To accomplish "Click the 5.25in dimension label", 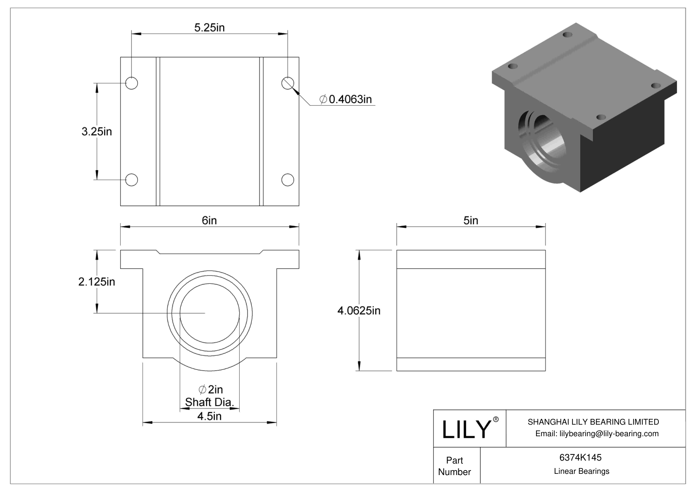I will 209,28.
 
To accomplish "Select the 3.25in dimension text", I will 97,131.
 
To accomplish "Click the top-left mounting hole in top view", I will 131,83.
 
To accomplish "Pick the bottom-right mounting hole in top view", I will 288,180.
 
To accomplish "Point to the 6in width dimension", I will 209,221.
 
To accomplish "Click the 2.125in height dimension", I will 97,282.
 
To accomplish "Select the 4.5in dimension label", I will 209,416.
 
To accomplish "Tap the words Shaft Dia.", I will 210,402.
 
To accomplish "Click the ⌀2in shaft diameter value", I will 210,389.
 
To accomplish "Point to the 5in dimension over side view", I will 471,221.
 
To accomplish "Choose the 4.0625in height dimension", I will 359,310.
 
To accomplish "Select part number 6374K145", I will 580,457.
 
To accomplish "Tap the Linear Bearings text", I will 581,471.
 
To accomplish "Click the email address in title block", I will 596,433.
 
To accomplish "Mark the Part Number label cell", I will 455,466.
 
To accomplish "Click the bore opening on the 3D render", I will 541,143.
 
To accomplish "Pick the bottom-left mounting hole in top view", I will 131,180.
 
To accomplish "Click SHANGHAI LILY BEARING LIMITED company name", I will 593,422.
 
